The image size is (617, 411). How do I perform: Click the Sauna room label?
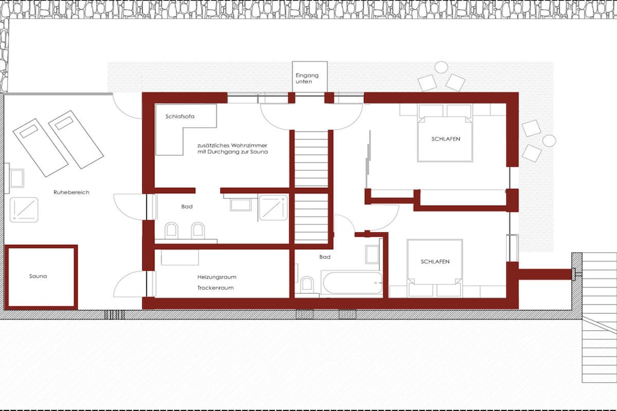click(38, 276)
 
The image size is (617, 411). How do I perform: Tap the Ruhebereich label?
click(71, 192)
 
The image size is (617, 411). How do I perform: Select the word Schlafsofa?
click(180, 116)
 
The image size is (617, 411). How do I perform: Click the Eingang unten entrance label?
click(307, 78)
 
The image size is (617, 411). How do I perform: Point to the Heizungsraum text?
click(217, 277)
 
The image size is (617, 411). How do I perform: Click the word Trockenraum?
click(215, 288)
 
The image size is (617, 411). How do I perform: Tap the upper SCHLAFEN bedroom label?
click(445, 138)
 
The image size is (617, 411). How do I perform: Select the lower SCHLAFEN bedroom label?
click(435, 261)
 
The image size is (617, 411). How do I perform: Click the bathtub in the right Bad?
click(352, 282)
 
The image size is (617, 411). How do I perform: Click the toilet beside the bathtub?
click(307, 285)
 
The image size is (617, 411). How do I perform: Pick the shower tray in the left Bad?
click(273, 208)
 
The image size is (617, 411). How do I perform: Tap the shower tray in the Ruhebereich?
click(24, 209)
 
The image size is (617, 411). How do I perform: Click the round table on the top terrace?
click(441, 67)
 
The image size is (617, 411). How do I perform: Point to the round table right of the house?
click(549, 140)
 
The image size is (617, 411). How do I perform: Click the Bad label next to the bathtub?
click(325, 256)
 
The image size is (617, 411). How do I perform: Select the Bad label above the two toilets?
click(187, 206)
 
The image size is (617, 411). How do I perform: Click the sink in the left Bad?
click(240, 205)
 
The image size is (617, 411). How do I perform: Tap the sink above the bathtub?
click(372, 254)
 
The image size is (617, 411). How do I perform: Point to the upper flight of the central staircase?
click(312, 159)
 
